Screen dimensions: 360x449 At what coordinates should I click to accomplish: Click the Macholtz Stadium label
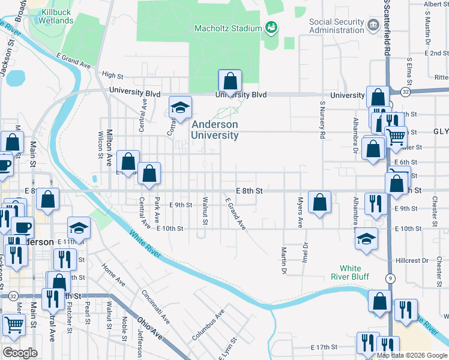[x=228, y=28]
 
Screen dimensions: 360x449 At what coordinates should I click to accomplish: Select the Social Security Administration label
[x=337, y=26]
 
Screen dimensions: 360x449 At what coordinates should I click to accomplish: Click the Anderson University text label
[x=215, y=130]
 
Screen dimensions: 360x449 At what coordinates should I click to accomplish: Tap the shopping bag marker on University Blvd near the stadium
[x=230, y=81]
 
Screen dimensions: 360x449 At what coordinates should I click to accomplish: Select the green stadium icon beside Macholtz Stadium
[x=271, y=28]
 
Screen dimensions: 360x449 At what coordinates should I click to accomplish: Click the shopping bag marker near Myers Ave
[x=320, y=202]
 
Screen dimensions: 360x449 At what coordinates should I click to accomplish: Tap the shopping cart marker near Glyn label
[x=396, y=137]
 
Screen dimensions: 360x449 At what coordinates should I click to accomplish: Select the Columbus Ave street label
[x=208, y=325]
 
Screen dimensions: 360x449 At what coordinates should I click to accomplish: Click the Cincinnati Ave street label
[x=155, y=306]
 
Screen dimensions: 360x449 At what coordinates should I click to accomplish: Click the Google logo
[x=20, y=353]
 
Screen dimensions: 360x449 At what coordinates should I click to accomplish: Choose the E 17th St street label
[x=324, y=347]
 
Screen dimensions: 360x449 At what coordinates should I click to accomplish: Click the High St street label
[x=112, y=76]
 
